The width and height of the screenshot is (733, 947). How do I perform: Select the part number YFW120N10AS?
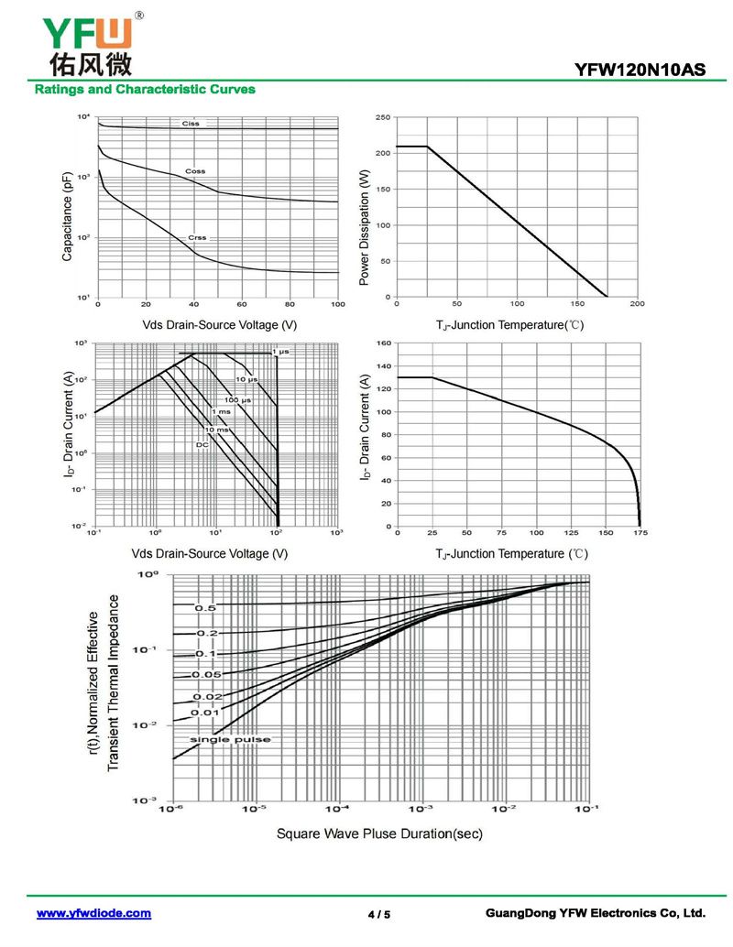click(640, 69)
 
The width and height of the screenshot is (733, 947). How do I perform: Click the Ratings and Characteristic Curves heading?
click(145, 90)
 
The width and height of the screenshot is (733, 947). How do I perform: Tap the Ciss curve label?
click(191, 123)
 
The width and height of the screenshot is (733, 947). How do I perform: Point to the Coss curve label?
click(195, 171)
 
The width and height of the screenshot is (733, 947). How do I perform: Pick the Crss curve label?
click(197, 237)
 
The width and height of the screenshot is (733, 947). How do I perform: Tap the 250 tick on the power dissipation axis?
click(383, 117)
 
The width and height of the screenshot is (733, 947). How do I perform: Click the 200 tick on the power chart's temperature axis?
click(638, 304)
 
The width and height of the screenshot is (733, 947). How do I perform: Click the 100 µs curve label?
click(238, 400)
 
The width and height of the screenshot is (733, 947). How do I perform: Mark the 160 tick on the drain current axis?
click(384, 343)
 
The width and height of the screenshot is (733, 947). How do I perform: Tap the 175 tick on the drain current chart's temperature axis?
click(639, 532)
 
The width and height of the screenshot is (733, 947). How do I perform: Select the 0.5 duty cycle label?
click(205, 608)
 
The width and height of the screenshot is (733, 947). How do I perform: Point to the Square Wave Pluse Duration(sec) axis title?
click(379, 833)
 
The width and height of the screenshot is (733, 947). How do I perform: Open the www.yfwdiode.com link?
click(93, 913)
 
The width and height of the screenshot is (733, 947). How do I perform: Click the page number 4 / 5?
click(378, 914)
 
